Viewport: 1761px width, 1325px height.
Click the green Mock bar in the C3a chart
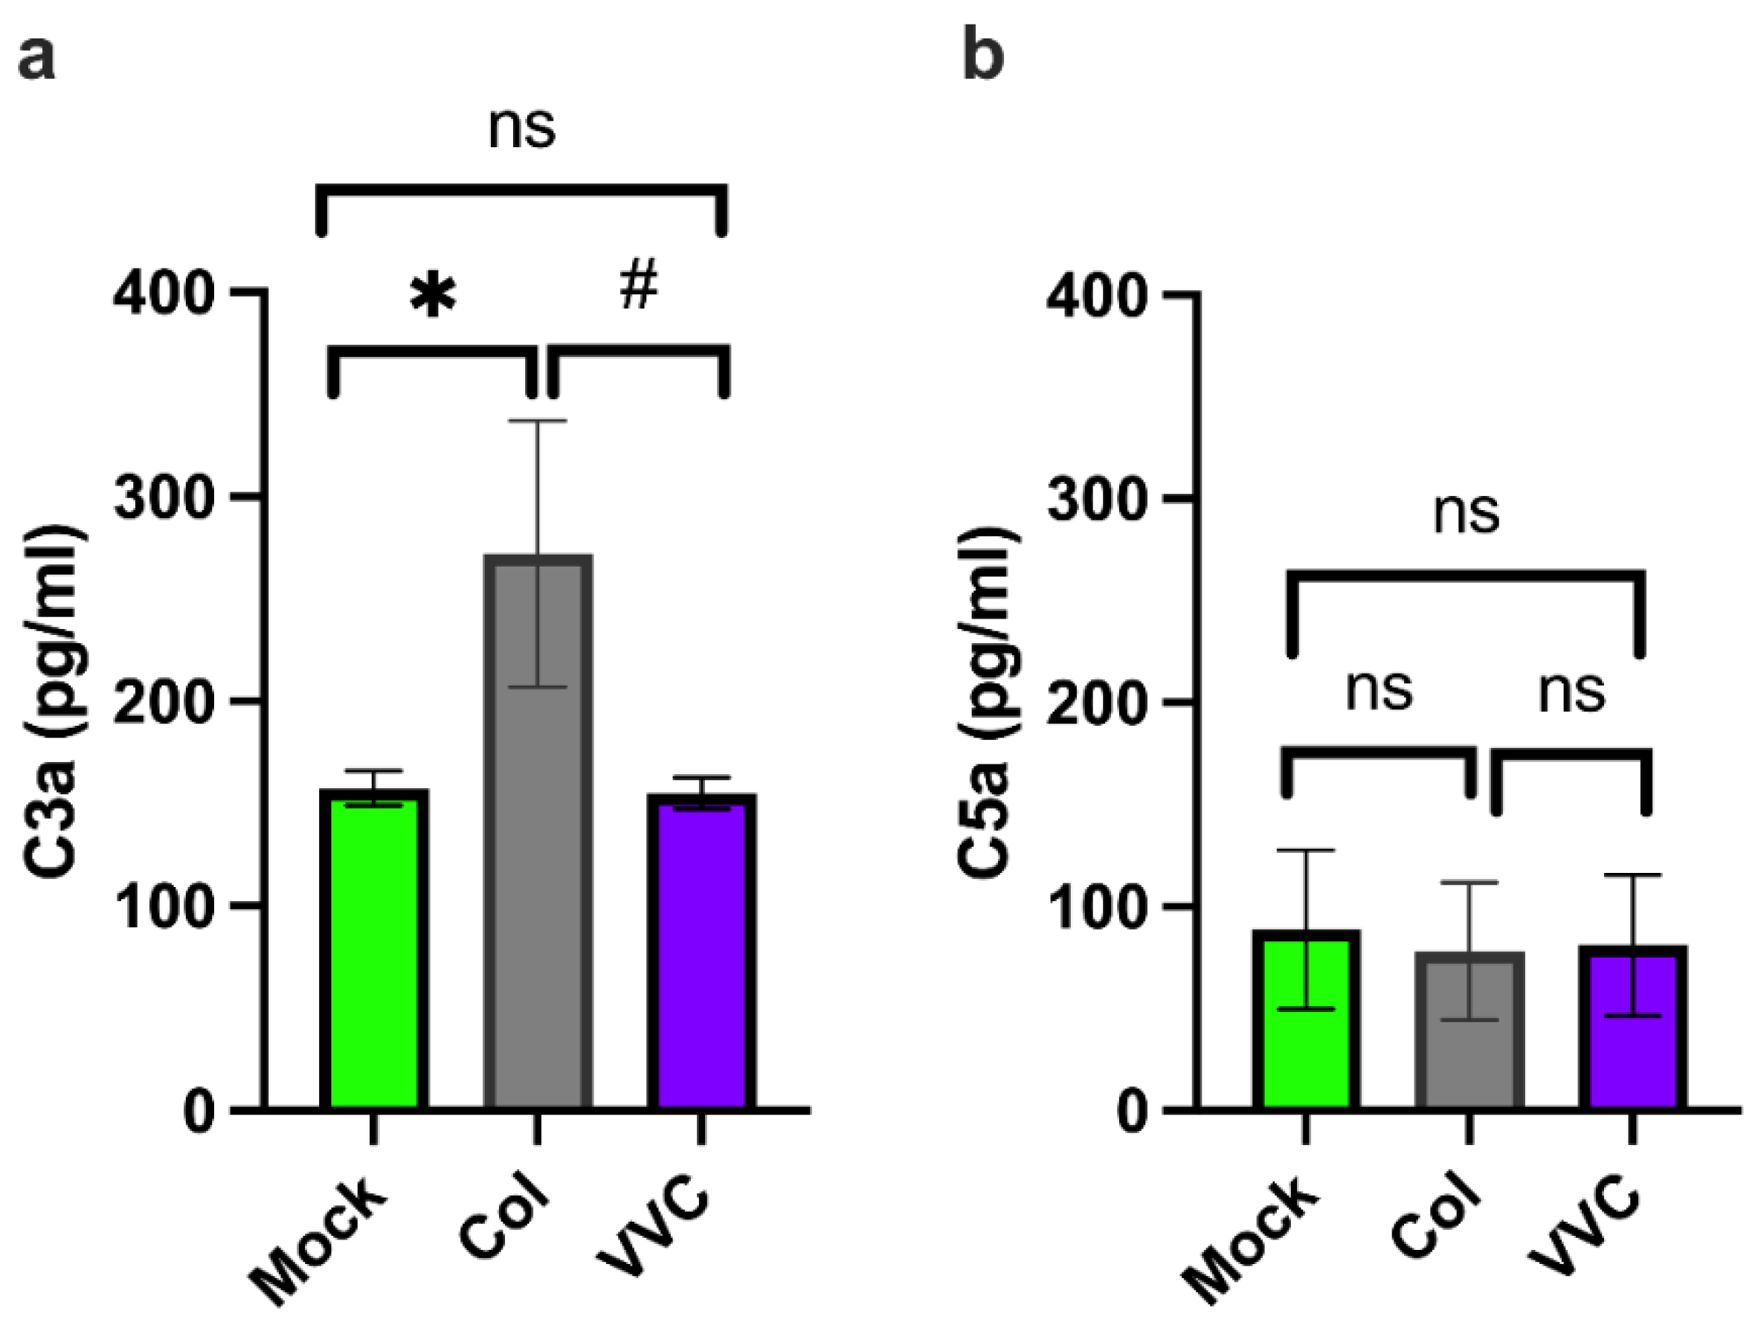[x=374, y=955]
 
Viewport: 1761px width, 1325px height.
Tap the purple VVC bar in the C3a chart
[x=701, y=955]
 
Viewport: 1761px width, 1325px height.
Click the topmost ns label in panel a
[x=521, y=127]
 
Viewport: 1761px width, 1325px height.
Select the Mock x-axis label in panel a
[x=318, y=1245]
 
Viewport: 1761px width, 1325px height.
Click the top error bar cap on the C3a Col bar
[x=538, y=421]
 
